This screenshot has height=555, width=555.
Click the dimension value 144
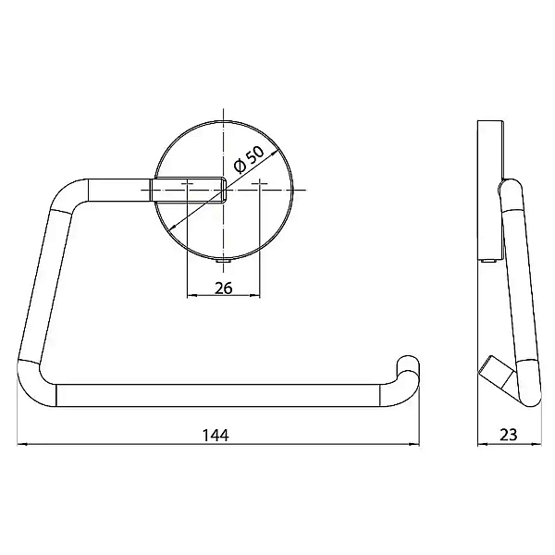216,435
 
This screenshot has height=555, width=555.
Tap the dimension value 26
223,288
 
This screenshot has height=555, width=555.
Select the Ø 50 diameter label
249,160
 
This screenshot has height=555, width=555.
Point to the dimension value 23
508,435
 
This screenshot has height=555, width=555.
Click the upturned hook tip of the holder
408,364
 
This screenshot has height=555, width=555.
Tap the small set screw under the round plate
223,261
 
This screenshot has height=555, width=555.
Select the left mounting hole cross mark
187,184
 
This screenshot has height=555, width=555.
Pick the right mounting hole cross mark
260,184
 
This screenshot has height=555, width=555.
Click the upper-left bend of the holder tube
68,193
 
